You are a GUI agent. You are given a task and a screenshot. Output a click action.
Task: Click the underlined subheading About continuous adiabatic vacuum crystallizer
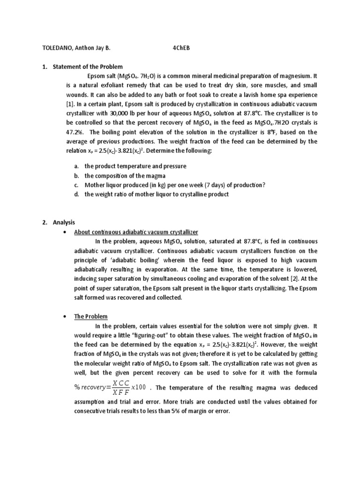point(136,232)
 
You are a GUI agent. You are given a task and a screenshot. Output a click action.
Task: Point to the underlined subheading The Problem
point(91,316)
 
